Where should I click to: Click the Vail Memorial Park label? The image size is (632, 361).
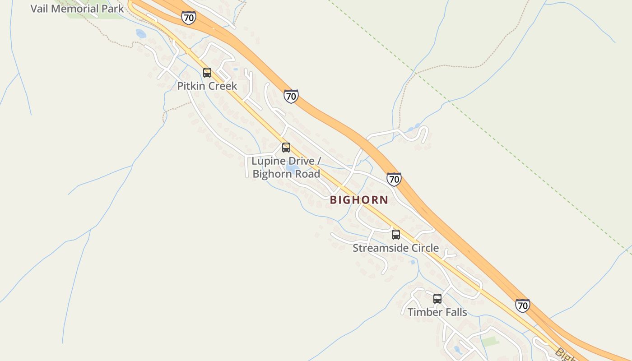(77, 9)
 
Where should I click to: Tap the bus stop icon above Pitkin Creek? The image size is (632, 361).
(207, 72)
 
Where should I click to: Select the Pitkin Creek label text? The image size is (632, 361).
(207, 86)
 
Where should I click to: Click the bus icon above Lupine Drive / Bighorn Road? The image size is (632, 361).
(286, 147)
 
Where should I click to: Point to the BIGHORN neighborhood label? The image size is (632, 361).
(359, 200)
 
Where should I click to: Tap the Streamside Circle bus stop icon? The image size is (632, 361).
(396, 234)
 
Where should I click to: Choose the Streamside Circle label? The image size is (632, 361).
(395, 248)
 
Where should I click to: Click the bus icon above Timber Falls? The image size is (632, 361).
(437, 298)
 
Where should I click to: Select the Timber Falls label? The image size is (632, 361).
(437, 312)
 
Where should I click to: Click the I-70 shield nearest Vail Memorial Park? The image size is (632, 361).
(189, 18)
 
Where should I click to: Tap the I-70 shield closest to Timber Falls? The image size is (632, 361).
(523, 305)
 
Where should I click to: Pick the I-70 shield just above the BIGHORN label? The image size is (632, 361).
(394, 179)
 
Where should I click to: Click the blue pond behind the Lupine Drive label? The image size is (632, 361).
(292, 169)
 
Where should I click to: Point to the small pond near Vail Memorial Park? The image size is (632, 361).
(141, 33)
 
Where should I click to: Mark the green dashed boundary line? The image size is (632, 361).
(497, 144)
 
